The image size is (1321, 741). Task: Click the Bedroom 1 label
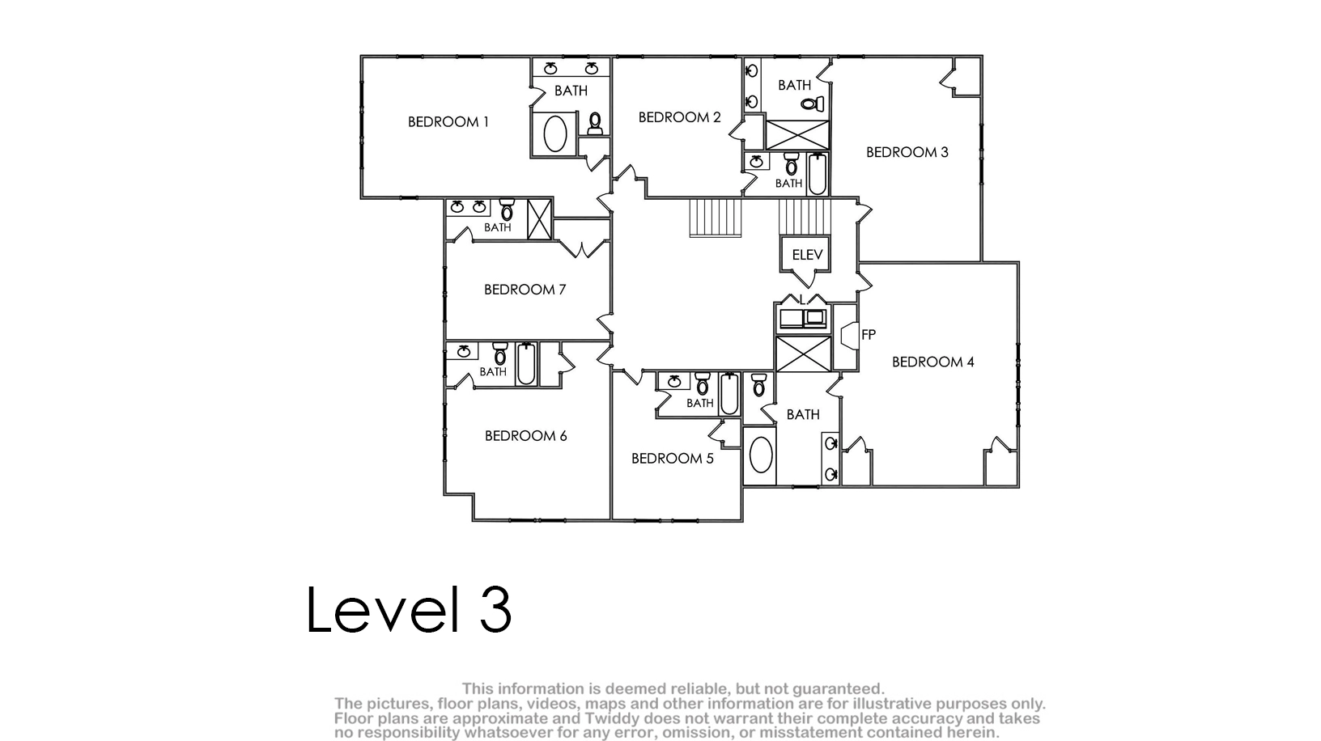[448, 122]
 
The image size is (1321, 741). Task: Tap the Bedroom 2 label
[679, 117]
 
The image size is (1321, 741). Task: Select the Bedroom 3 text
[907, 152]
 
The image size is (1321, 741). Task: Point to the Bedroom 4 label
[933, 362]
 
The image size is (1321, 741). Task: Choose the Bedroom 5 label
[673, 458]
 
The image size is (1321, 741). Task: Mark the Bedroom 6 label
[525, 436]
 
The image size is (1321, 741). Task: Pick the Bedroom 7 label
[525, 290]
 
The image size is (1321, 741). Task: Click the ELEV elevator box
[805, 254]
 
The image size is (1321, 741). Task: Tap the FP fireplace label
[868, 335]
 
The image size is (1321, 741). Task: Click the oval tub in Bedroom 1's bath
[555, 134]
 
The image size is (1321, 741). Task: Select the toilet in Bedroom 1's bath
[595, 124]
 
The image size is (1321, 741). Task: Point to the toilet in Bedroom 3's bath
[813, 104]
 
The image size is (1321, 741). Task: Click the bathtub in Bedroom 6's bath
[526, 364]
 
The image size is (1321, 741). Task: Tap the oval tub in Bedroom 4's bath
[760, 455]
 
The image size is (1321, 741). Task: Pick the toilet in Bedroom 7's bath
[507, 210]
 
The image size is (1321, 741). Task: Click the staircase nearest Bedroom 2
[716, 218]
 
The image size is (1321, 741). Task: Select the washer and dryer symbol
[803, 319]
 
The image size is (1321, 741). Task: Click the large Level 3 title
[409, 610]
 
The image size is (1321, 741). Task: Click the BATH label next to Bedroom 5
[700, 403]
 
